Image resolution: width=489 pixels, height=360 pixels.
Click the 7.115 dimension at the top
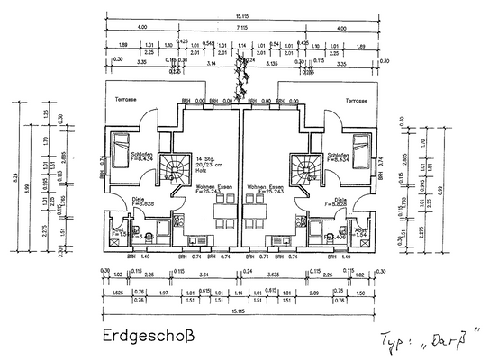(x=244, y=28)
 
